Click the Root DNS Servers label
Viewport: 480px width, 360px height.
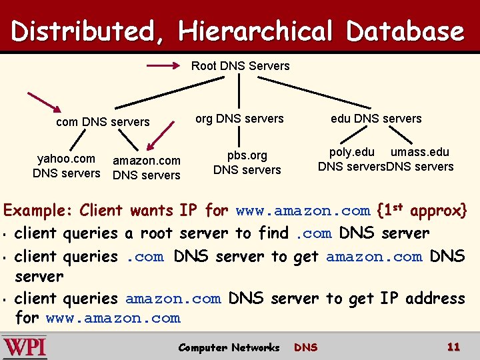[240, 66]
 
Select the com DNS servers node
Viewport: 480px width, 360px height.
[103, 122]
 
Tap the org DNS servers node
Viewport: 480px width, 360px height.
[239, 119]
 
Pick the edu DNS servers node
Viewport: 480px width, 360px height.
[376, 119]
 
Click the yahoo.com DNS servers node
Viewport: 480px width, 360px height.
[66, 166]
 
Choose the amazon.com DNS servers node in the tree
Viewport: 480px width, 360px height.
[147, 168]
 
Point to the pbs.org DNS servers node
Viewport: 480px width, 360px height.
[247, 163]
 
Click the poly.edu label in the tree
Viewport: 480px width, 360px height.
[352, 153]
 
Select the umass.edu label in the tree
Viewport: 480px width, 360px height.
[420, 153]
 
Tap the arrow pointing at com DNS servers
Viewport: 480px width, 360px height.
[44, 104]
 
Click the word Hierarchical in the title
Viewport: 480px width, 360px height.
[255, 31]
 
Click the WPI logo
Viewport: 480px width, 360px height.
[25, 347]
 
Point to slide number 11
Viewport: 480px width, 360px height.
[453, 347]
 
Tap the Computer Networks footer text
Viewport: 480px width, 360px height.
[229, 347]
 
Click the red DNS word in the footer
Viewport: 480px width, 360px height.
[305, 347]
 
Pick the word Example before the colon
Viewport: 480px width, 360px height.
[37, 211]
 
